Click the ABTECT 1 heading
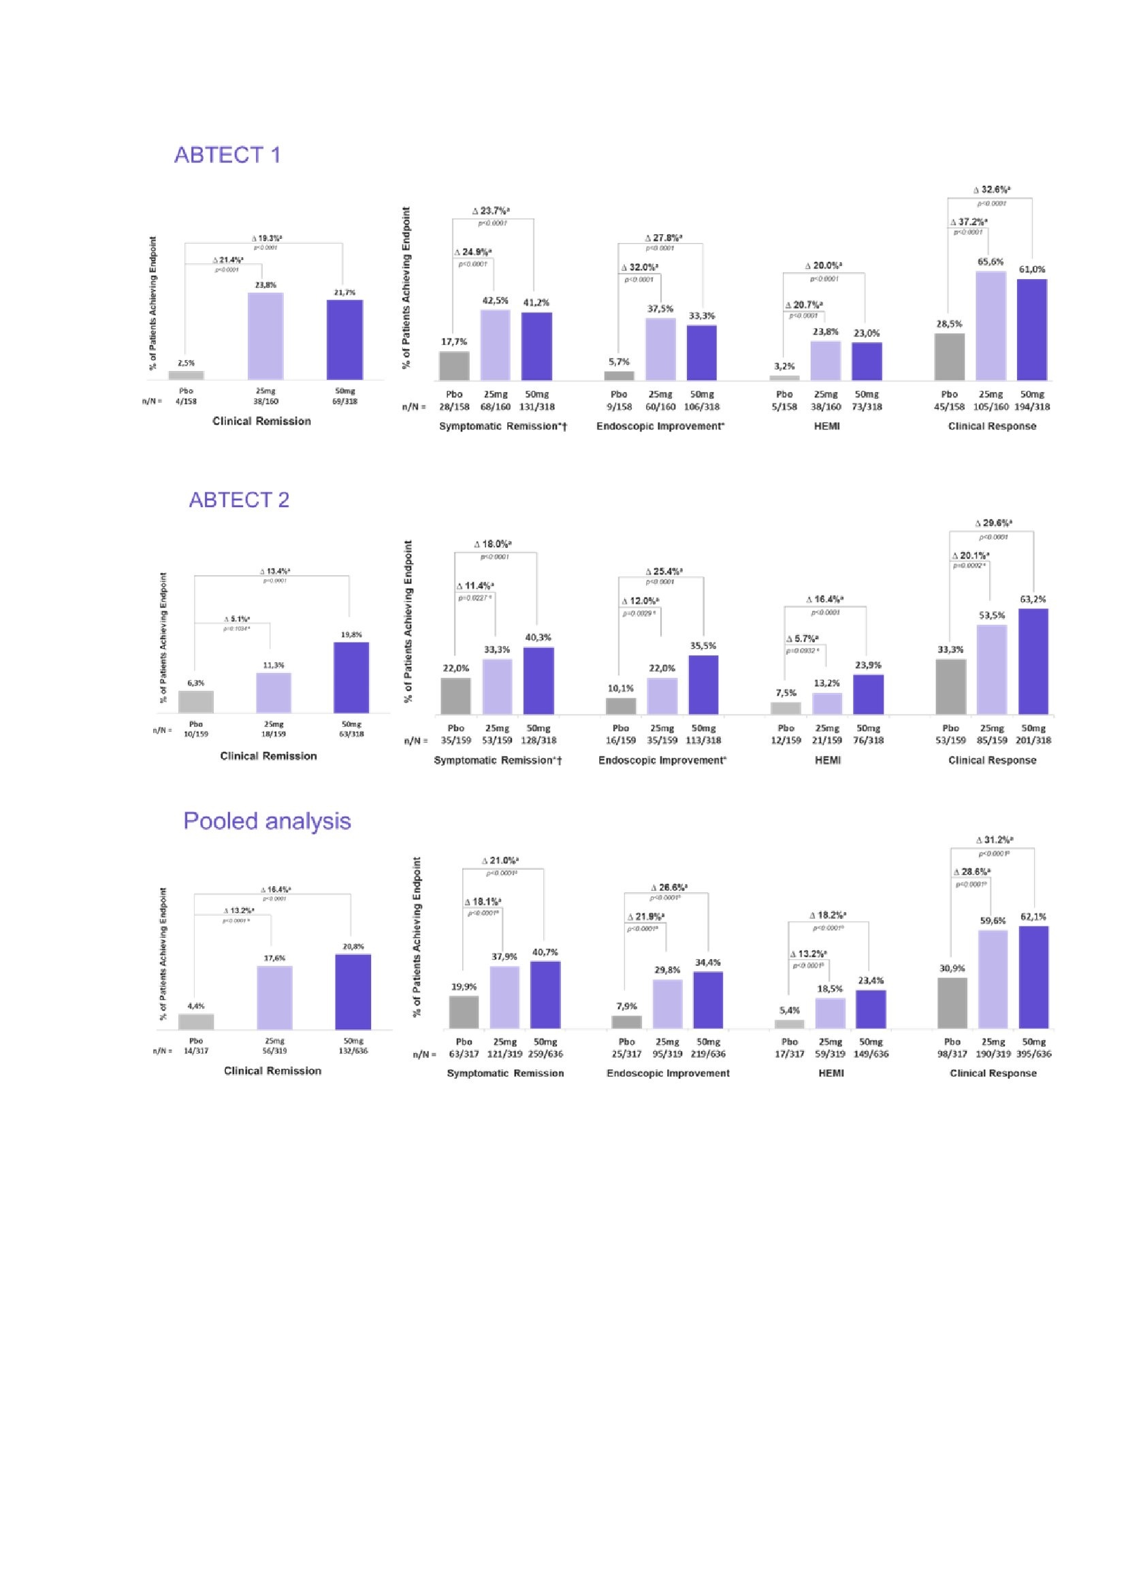pyautogui.click(x=227, y=155)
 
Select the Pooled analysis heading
pyautogui.click(x=267, y=821)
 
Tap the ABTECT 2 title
pyautogui.click(x=239, y=500)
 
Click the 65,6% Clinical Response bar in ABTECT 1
pyautogui.click(x=991, y=326)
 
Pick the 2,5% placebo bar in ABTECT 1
pyautogui.click(x=186, y=375)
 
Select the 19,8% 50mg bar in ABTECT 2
pyautogui.click(x=351, y=677)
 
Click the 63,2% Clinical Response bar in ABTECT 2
pyautogui.click(x=1033, y=662)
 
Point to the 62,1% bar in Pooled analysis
pyautogui.click(x=1034, y=977)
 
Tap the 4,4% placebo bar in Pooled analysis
pyautogui.click(x=196, y=1022)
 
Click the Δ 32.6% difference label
pyautogui.click(x=991, y=189)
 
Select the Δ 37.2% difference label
pyautogui.click(x=969, y=222)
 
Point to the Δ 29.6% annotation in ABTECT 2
pyautogui.click(x=993, y=523)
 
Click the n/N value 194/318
pyautogui.click(x=1033, y=407)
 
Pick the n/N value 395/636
pyautogui.click(x=1034, y=1054)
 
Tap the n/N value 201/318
pyautogui.click(x=1033, y=741)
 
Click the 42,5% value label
pyautogui.click(x=495, y=300)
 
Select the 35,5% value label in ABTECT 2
pyautogui.click(x=703, y=645)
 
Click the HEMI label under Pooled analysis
pyautogui.click(x=831, y=1073)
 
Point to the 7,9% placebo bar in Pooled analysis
pyautogui.click(x=627, y=1022)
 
